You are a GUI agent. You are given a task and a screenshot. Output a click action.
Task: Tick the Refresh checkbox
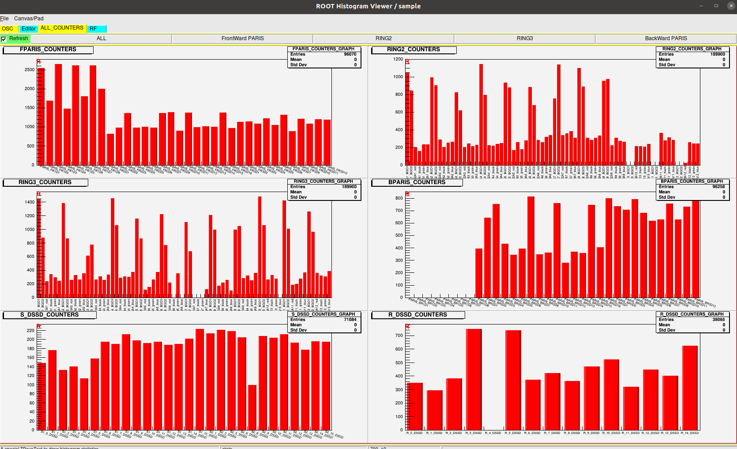tap(4, 39)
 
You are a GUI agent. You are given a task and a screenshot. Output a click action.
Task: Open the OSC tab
tap(8, 29)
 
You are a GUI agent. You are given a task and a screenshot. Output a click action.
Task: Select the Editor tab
tap(29, 29)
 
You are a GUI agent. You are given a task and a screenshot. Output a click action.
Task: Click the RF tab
tap(93, 29)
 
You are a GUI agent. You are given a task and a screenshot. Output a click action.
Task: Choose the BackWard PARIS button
tap(666, 38)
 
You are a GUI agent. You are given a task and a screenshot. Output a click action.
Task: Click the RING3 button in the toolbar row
tap(525, 38)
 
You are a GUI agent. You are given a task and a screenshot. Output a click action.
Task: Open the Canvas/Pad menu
tap(29, 19)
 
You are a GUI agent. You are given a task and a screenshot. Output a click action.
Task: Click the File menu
tap(4, 19)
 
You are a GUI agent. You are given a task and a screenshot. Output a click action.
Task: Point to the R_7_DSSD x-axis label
tap(552, 433)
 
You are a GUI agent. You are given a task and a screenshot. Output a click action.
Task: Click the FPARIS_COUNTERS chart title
tap(48, 49)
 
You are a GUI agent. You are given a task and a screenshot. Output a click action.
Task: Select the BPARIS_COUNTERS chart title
tap(417, 182)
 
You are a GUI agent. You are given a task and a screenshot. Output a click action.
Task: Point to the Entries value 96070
tap(350, 54)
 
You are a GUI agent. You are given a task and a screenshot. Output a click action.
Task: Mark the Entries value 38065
tap(718, 320)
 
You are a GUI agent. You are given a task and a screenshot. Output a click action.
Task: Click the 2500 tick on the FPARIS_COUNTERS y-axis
tap(30, 70)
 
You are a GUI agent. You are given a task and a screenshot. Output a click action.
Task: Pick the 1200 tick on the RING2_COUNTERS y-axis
tap(398, 59)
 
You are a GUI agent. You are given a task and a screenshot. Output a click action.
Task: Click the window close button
tap(730, 6)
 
